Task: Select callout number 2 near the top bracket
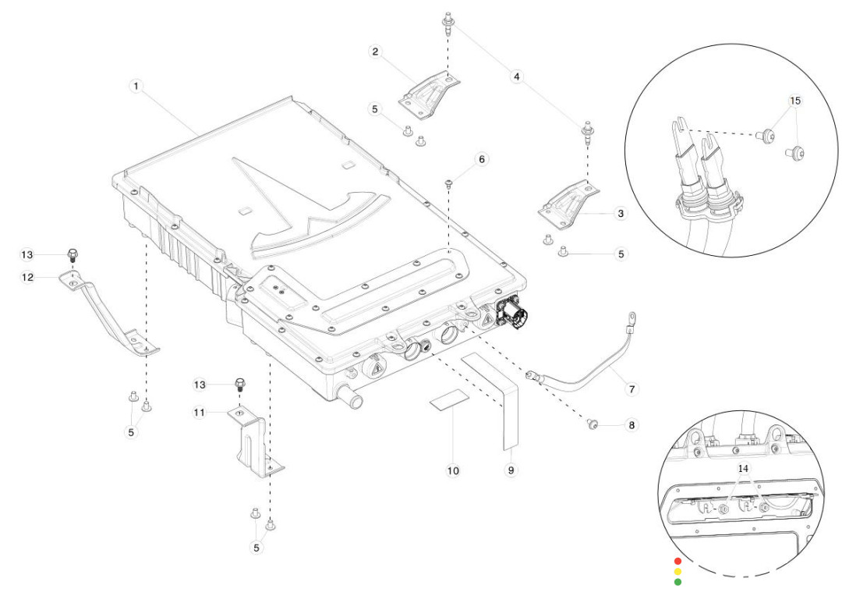[376, 52]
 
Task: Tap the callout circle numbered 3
[620, 213]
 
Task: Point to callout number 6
[481, 159]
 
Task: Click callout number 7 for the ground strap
[631, 388]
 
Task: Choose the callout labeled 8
[631, 425]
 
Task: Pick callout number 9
[511, 471]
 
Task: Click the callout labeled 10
[453, 471]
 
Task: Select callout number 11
[201, 413]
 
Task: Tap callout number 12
[28, 277]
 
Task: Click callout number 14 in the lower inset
[743, 469]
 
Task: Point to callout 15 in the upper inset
[794, 101]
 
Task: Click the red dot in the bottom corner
[678, 561]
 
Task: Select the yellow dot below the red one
[678, 571]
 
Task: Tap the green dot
[678, 581]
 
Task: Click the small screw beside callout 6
[449, 185]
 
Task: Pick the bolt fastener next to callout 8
[593, 424]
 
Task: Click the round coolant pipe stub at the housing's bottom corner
[354, 400]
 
